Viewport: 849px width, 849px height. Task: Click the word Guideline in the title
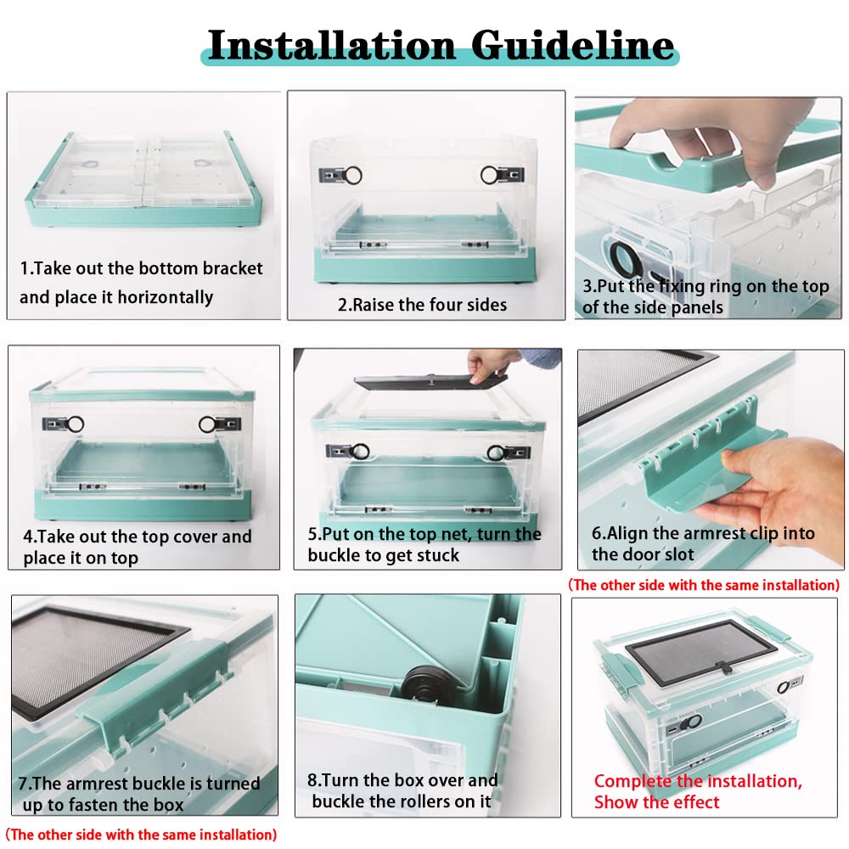pyautogui.click(x=573, y=45)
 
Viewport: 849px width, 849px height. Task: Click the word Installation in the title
pyautogui.click(x=331, y=45)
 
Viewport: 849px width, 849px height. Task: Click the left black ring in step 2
pyautogui.click(x=352, y=175)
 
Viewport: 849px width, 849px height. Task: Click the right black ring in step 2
pyautogui.click(x=490, y=175)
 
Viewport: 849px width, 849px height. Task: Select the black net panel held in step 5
pyautogui.click(x=430, y=380)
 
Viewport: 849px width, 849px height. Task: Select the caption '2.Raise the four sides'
pyautogui.click(x=422, y=305)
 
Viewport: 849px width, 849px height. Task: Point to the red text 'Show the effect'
pyautogui.click(x=656, y=802)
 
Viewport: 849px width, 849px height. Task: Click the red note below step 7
pyautogui.click(x=141, y=835)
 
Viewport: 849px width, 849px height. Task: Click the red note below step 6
pyautogui.click(x=703, y=585)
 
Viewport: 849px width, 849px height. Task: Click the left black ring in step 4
pyautogui.click(x=75, y=424)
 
